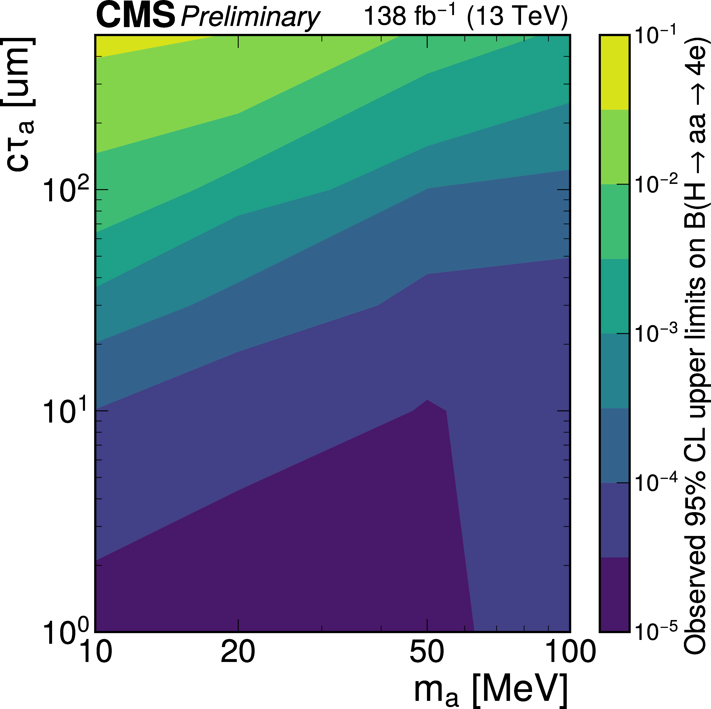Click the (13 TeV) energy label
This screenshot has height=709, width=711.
(x=517, y=17)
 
